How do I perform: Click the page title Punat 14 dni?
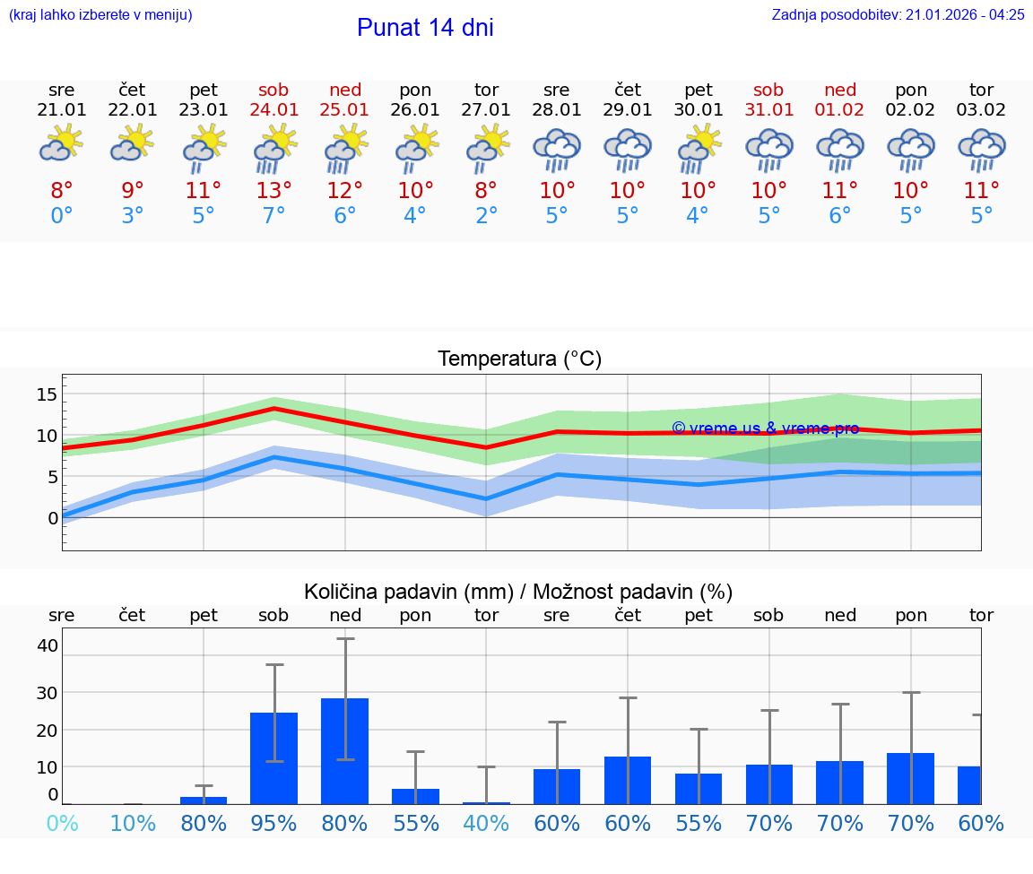[425, 28]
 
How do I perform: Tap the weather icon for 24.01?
[274, 148]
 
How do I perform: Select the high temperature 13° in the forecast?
[274, 191]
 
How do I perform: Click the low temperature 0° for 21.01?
[62, 216]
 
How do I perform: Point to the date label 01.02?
[839, 109]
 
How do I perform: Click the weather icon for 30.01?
[699, 148]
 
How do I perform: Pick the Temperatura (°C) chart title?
[519, 359]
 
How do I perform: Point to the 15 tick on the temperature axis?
[48, 394]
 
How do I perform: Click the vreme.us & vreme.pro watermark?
[765, 428]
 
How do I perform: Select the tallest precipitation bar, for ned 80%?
[345, 750]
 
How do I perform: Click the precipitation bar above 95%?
[274, 757]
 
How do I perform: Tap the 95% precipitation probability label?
[274, 823]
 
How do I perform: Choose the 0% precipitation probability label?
[62, 823]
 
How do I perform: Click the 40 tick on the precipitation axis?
[48, 645]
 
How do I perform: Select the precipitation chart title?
[518, 592]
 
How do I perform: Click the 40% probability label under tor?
[486, 823]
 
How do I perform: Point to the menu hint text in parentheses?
[100, 14]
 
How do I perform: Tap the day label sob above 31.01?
[768, 90]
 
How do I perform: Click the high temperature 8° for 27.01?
[486, 191]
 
